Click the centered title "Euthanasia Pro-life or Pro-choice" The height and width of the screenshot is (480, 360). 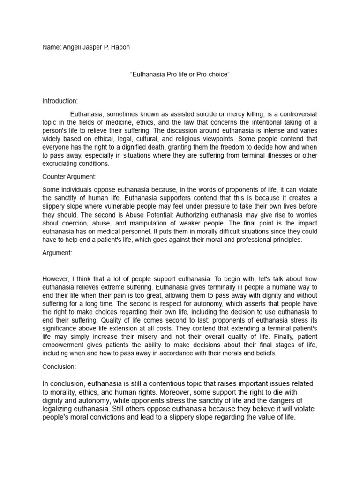point(180,75)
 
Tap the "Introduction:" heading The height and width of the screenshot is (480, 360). point(60,101)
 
